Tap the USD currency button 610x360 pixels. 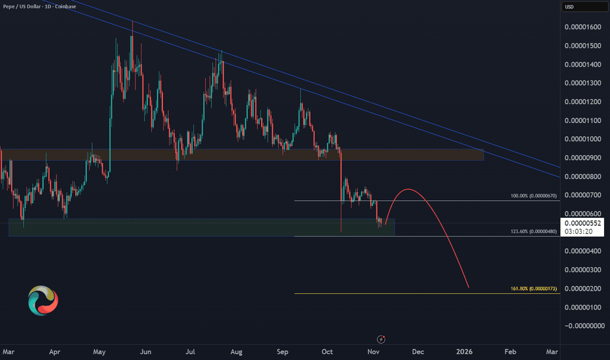[x=569, y=7]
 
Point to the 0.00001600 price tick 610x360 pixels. [x=584, y=27]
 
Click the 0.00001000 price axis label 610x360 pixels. [x=584, y=139]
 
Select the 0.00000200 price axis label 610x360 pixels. [x=584, y=288]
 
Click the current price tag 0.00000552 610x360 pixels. [x=584, y=223]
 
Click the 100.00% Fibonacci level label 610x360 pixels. [x=533, y=196]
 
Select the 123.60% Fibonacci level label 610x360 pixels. [x=533, y=231]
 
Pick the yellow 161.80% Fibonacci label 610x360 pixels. [x=533, y=289]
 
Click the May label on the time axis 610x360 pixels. [x=99, y=351]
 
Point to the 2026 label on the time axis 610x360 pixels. [x=464, y=351]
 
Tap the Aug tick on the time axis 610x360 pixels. [x=236, y=351]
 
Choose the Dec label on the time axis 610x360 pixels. [x=418, y=351]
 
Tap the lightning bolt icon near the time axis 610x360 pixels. [x=382, y=339]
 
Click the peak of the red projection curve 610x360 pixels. [x=408, y=190]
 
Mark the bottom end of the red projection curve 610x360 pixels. [x=469, y=287]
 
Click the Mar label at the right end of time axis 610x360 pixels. [x=552, y=351]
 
